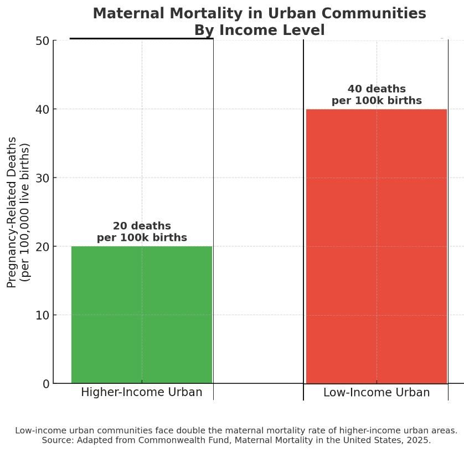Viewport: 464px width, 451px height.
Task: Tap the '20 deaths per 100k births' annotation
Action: (x=142, y=232)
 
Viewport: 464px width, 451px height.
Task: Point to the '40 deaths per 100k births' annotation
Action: (x=377, y=95)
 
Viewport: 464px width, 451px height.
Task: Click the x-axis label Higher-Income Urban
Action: (x=142, y=392)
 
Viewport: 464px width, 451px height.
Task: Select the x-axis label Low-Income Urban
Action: (x=377, y=392)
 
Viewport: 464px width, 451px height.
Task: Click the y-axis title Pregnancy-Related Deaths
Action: (x=12, y=212)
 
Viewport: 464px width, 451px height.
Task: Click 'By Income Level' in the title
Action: (x=259, y=31)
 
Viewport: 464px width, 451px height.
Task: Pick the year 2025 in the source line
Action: (x=420, y=440)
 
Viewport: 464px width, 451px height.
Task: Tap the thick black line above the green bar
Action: (x=141, y=39)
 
